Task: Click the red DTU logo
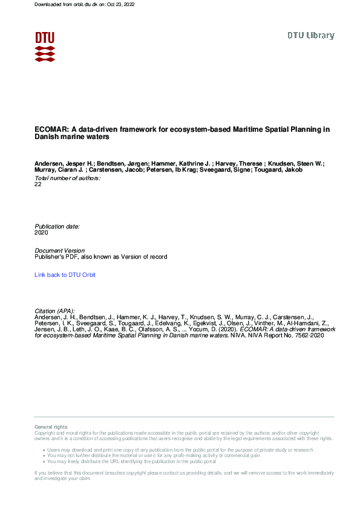45,46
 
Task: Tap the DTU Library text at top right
310,36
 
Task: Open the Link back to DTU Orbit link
65,275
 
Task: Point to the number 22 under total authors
39,184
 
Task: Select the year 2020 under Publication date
41,232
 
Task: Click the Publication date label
57,226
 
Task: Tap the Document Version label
60,250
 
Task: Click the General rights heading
51,427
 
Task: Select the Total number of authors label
68,178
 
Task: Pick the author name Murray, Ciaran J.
59,170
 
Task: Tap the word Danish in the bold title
46,137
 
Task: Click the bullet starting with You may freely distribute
131,461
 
